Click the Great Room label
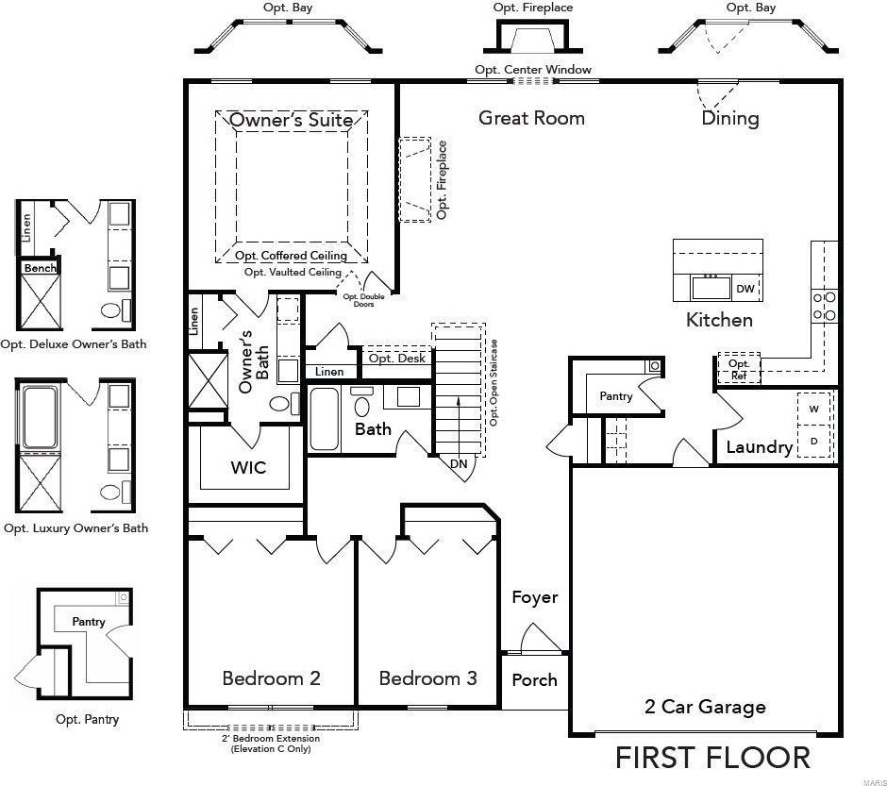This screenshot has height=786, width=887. (x=531, y=118)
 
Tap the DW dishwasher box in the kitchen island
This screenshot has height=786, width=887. (x=745, y=289)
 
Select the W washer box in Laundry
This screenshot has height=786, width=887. (x=814, y=409)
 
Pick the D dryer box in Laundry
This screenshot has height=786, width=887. (x=814, y=441)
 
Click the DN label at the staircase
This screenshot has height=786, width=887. (x=459, y=463)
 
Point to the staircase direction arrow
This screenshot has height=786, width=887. (x=459, y=424)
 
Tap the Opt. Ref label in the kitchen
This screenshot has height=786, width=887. (x=739, y=369)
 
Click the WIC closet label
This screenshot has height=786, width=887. (x=248, y=467)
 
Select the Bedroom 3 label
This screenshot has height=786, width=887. (x=427, y=678)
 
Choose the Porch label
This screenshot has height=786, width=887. (x=535, y=679)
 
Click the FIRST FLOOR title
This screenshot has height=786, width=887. (x=712, y=758)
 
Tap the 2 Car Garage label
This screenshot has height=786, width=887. (x=705, y=707)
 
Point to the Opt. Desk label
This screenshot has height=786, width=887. (x=397, y=359)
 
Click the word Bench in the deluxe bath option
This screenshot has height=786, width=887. (x=41, y=268)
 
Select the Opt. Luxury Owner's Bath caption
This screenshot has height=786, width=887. (x=75, y=528)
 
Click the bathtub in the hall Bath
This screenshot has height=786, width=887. (x=325, y=418)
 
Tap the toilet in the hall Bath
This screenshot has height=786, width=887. (x=361, y=403)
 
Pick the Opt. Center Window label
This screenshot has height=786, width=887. (x=533, y=70)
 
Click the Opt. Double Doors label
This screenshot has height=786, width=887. (x=363, y=300)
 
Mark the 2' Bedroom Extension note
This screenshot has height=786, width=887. (x=271, y=744)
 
